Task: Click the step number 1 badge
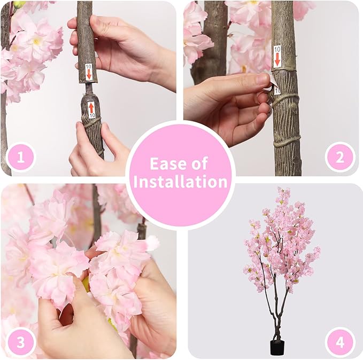pyautogui.click(x=21, y=158)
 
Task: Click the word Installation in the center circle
pyautogui.click(x=181, y=182)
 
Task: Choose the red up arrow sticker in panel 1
pyautogui.click(x=91, y=106)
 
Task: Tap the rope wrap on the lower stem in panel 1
pyautogui.click(x=92, y=123)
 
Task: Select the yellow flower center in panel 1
pyautogui.click(x=36, y=41)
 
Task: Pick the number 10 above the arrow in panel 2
pyautogui.click(x=277, y=49)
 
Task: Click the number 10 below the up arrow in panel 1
pyautogui.click(x=91, y=115)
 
